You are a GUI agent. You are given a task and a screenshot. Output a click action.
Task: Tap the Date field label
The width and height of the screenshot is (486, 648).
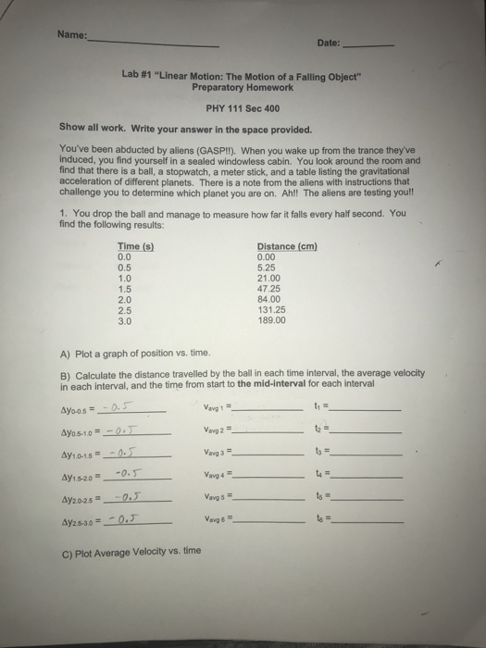coord(329,43)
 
